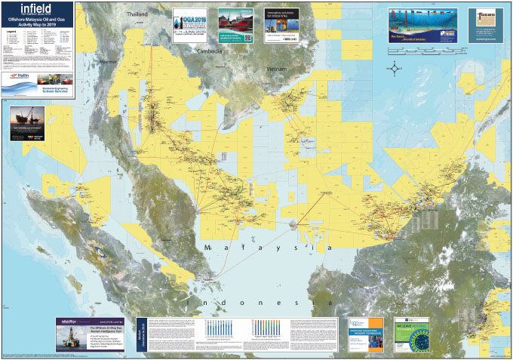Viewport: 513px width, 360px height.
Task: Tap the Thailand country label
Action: click(138, 14)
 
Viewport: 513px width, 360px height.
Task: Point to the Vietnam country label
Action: click(278, 68)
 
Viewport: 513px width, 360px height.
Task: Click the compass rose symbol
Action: click(395, 69)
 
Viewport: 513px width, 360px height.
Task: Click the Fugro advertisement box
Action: click(485, 26)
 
